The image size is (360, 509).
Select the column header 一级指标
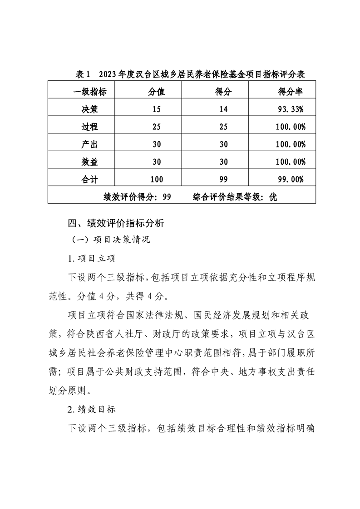pyautogui.click(x=90, y=92)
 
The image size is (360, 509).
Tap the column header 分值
pyautogui.click(x=157, y=92)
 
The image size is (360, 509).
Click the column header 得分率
pyautogui.click(x=290, y=92)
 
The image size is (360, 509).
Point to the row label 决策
pyautogui.click(x=90, y=109)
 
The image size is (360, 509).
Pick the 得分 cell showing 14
pyautogui.click(x=223, y=109)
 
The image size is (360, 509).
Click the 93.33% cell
pyautogui.click(x=290, y=109)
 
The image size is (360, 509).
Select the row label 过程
pyautogui.click(x=90, y=127)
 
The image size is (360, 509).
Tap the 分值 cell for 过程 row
pyautogui.click(x=157, y=127)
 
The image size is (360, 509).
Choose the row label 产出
pyautogui.click(x=90, y=144)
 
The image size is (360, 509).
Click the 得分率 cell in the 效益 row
pyautogui.click(x=290, y=162)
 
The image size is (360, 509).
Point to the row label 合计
pyautogui.click(x=90, y=179)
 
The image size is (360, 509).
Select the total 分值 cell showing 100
pyautogui.click(x=157, y=179)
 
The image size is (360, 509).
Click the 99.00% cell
pyautogui.click(x=290, y=179)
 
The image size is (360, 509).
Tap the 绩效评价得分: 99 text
pyautogui.click(x=137, y=197)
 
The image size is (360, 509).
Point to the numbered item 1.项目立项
pyautogui.click(x=91, y=259)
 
